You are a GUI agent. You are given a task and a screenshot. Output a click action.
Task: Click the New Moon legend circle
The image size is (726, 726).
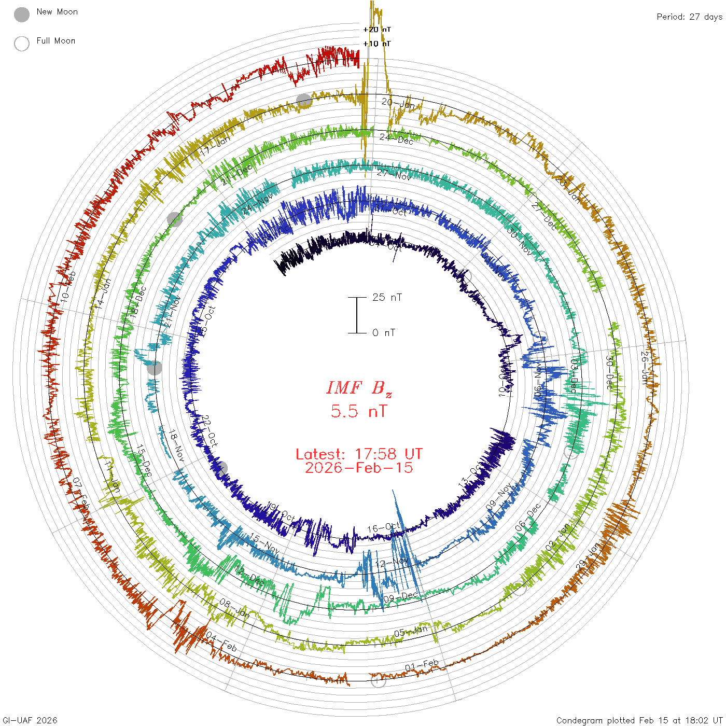click(x=22, y=15)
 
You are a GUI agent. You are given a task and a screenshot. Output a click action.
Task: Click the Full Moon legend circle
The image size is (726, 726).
click(x=22, y=44)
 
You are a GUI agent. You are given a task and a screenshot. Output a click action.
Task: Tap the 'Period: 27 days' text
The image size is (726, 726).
click(x=689, y=17)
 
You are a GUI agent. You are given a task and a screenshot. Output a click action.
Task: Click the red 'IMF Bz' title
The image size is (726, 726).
click(x=359, y=388)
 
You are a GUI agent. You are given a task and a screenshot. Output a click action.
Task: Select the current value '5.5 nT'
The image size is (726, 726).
click(x=359, y=411)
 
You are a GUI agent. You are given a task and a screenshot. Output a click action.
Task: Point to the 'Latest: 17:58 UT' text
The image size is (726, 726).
click(x=359, y=454)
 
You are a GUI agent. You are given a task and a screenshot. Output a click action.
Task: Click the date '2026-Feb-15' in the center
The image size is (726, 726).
click(x=359, y=468)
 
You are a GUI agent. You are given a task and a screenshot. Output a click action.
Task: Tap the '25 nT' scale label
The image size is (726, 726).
click(x=387, y=297)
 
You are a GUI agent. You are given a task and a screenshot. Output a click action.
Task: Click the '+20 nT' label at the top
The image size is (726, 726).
click(x=377, y=30)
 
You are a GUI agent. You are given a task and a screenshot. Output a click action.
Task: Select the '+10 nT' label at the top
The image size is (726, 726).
click(x=377, y=44)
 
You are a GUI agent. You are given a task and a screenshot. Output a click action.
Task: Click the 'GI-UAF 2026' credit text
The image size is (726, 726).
click(x=30, y=720)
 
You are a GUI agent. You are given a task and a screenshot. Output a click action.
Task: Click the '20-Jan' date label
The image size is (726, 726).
click(x=398, y=103)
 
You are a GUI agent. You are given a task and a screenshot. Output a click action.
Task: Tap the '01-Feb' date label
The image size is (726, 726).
click(x=422, y=665)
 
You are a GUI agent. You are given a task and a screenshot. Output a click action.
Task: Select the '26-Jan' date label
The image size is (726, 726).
click(x=645, y=368)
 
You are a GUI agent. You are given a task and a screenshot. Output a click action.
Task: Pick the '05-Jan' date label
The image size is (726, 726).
click(x=411, y=631)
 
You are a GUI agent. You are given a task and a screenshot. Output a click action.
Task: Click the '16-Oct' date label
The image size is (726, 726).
click(x=384, y=528)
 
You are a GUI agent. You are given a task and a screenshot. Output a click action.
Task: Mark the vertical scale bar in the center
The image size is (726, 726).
click(x=357, y=315)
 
